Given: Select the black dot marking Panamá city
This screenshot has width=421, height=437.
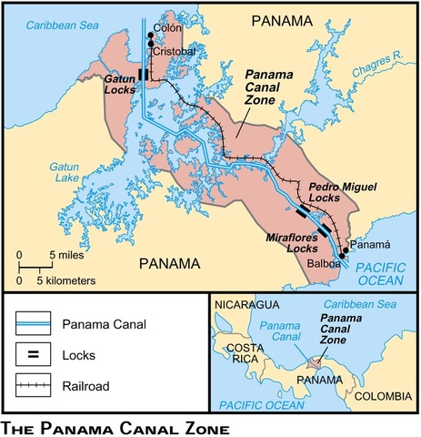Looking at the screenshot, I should point(344,251).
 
